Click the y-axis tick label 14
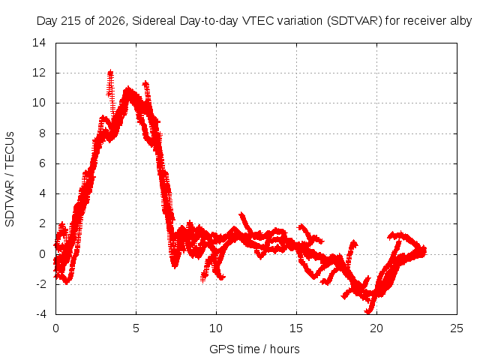tap(39, 43)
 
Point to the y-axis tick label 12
tap(39, 73)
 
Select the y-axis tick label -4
tap(41, 314)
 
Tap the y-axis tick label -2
tap(41, 284)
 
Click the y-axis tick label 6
tap(42, 163)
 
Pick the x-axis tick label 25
tap(457, 328)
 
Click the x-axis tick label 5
tap(136, 328)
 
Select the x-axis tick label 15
tap(296, 328)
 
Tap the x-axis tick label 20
tap(376, 328)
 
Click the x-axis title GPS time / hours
tap(254, 349)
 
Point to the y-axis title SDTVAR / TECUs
tap(10, 179)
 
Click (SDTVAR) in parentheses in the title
tap(355, 21)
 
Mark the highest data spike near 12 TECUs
tap(110, 73)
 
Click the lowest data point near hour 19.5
tap(368, 312)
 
